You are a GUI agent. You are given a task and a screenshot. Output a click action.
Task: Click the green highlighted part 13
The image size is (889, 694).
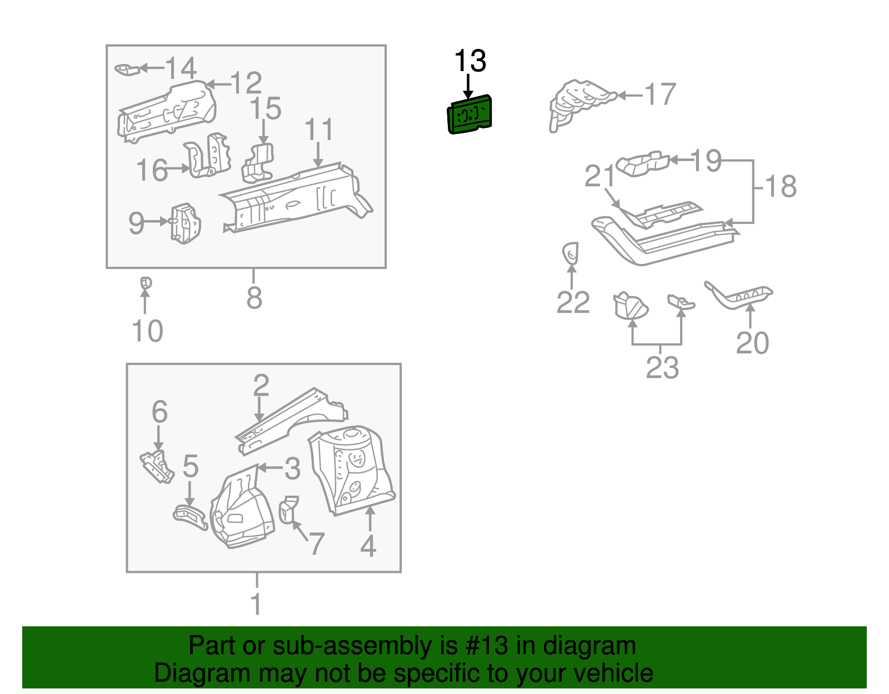click(x=470, y=114)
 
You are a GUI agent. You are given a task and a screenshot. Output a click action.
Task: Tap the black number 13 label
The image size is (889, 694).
click(x=470, y=61)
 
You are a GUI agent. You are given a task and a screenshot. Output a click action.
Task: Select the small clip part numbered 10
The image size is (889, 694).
click(x=146, y=283)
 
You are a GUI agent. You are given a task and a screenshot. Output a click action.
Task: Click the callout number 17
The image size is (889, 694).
click(x=660, y=94)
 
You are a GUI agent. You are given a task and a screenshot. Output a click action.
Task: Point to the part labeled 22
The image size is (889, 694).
click(x=571, y=254)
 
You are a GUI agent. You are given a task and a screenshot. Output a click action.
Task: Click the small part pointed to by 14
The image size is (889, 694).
click(x=126, y=69)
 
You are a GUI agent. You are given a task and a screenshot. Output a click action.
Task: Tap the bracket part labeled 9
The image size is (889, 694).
click(x=185, y=223)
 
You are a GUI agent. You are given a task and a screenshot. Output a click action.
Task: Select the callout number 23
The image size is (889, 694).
click(x=662, y=367)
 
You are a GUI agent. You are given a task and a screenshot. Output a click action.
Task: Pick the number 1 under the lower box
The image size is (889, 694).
click(x=256, y=603)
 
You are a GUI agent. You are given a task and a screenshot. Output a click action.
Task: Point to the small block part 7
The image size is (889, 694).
click(x=287, y=510)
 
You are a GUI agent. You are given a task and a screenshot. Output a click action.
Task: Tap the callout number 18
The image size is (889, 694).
click(x=781, y=186)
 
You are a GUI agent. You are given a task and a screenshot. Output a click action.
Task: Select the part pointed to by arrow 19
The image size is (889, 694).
click(x=643, y=163)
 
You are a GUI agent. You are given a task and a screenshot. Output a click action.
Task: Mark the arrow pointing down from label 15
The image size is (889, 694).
click(x=264, y=133)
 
